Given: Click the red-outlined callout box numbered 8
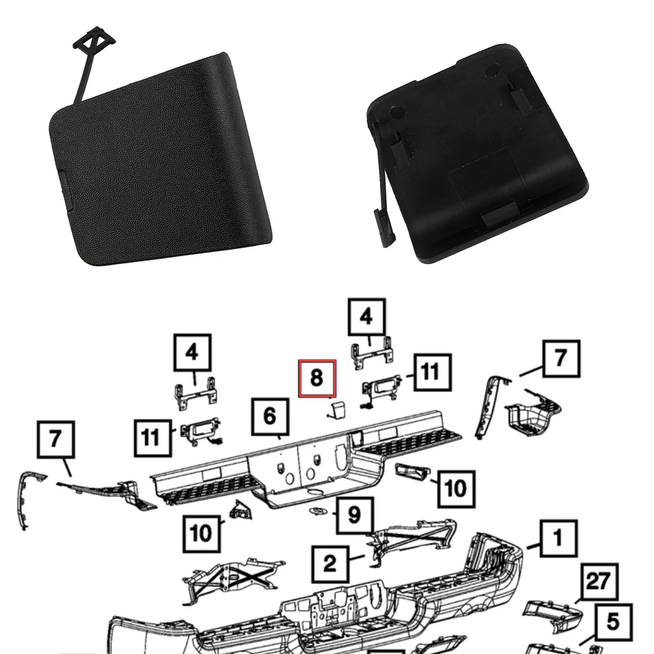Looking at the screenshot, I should pyautogui.click(x=317, y=378).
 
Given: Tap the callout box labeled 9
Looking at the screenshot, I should pyautogui.click(x=354, y=515).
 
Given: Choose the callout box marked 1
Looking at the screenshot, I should pyautogui.click(x=557, y=539).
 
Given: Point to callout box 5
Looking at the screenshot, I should pyautogui.click(x=613, y=622).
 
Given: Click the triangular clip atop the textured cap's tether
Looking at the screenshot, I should pyautogui.click(x=94, y=41).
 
